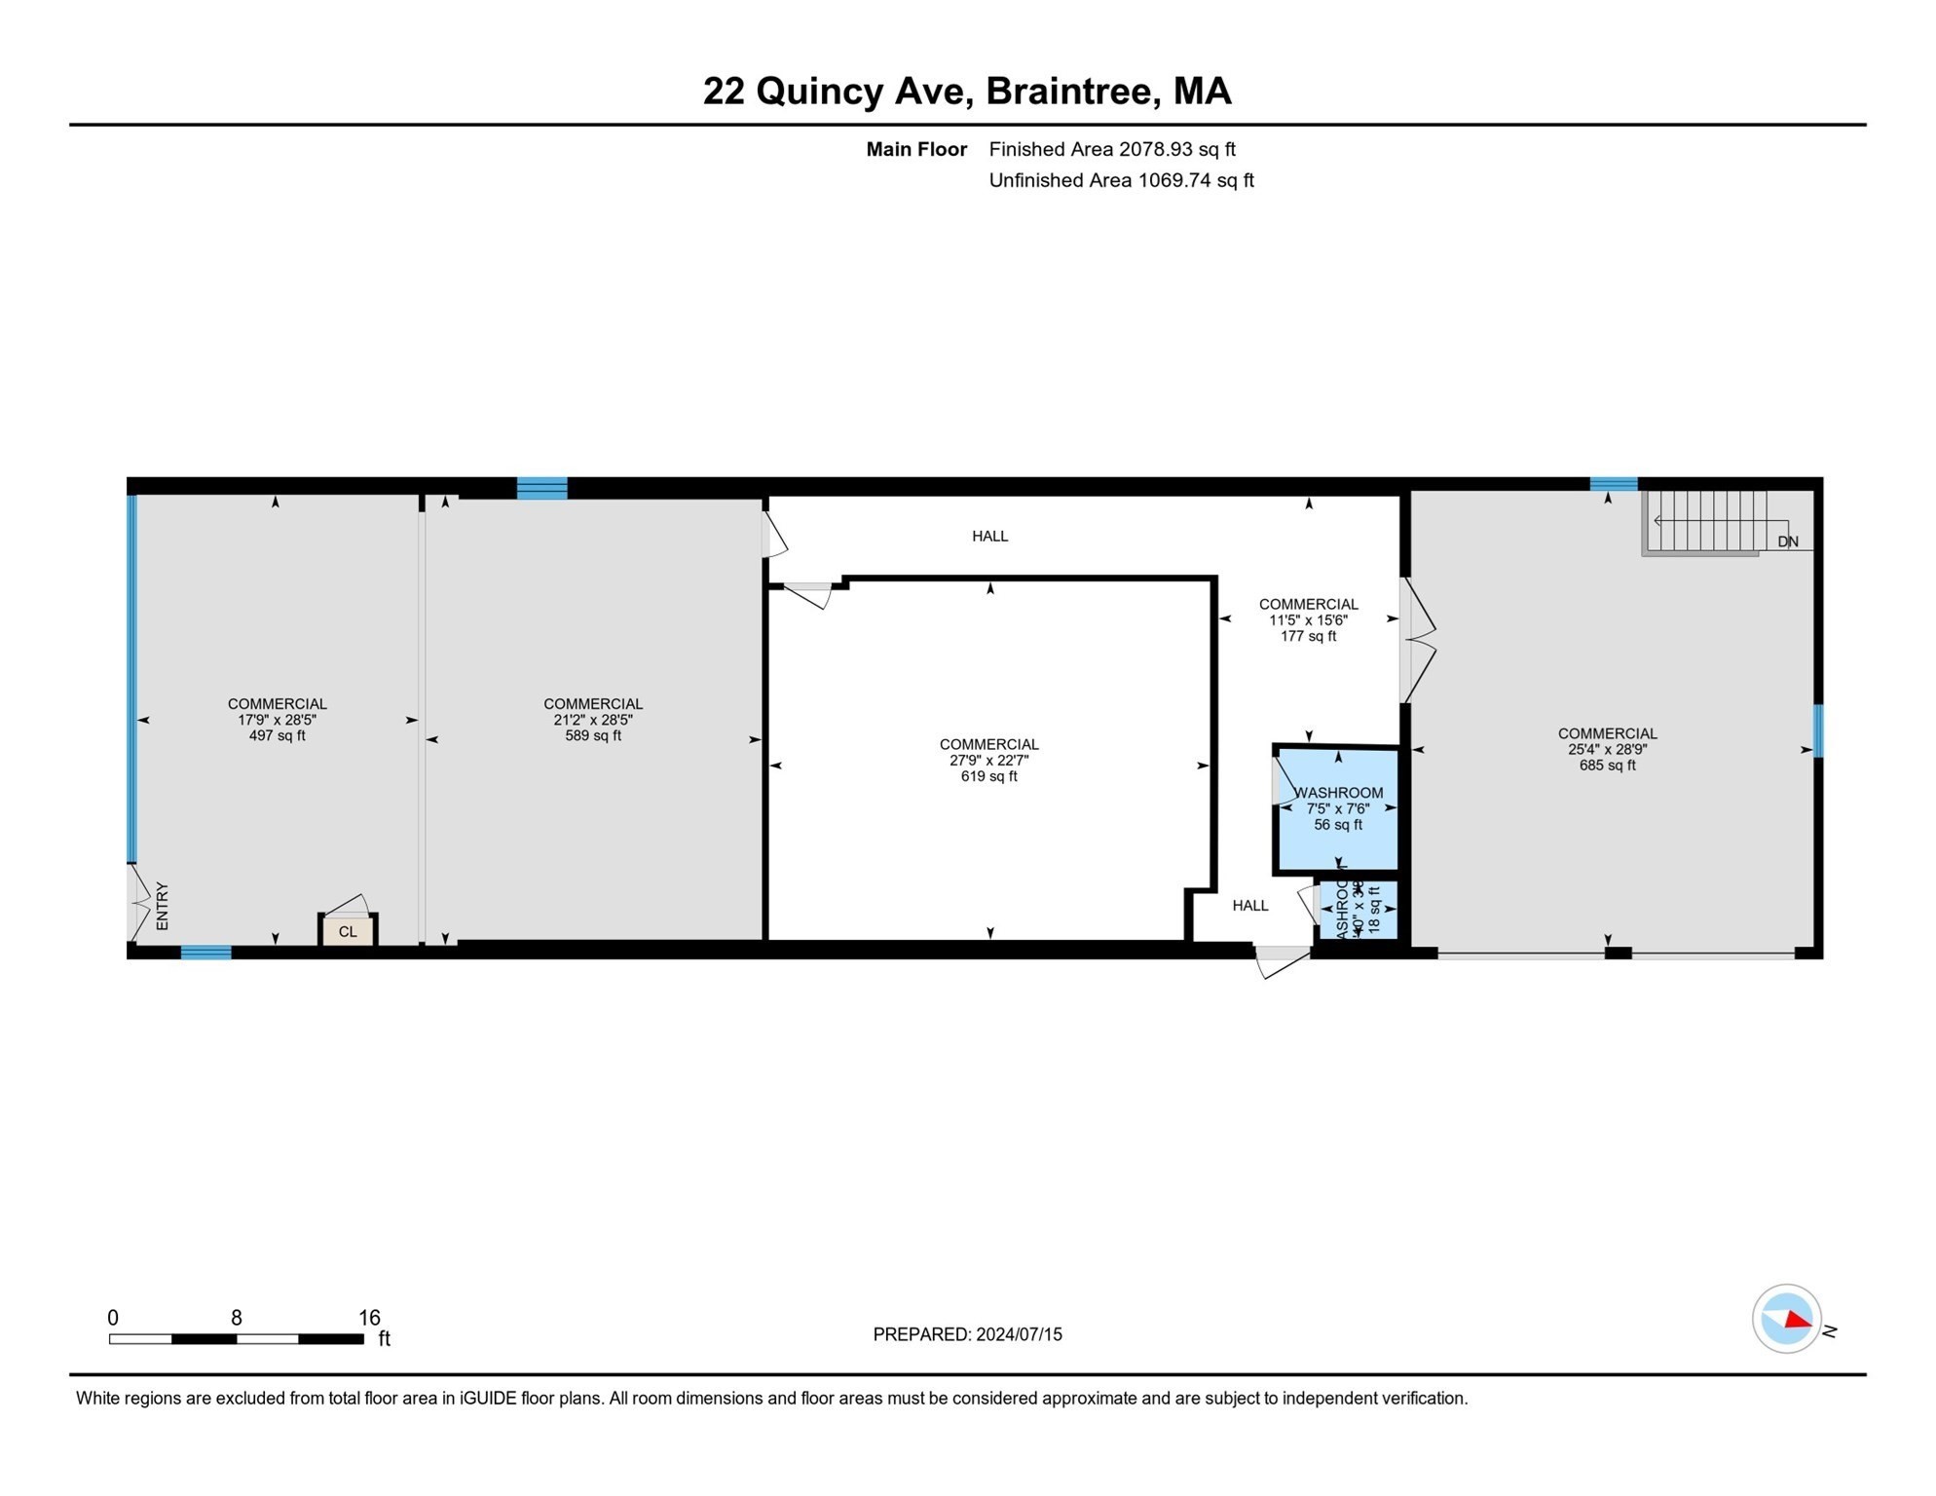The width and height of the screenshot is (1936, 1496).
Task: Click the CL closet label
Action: tap(348, 932)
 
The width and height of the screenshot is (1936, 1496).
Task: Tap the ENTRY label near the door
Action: tap(163, 907)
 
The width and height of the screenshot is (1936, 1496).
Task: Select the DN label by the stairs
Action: tap(1788, 542)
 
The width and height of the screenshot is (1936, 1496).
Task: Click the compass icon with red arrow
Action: tap(1786, 1319)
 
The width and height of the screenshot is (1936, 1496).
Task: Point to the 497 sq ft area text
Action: tap(277, 736)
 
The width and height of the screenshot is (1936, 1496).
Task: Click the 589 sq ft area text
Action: tap(593, 736)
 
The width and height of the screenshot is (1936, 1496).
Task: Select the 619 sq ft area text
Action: tap(988, 777)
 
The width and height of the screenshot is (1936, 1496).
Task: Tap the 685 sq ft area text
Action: tap(1607, 766)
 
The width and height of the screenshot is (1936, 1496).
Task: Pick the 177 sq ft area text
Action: tap(1308, 637)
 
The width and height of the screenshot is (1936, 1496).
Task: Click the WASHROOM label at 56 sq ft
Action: tap(1338, 793)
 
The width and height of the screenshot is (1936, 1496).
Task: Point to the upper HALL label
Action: tap(989, 537)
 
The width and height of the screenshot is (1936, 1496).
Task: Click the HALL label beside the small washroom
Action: tap(1250, 906)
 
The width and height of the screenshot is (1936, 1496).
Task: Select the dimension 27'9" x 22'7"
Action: tap(988, 761)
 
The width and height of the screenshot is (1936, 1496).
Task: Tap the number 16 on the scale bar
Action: tap(369, 1318)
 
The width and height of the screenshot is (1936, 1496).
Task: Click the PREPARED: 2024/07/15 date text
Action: tap(967, 1335)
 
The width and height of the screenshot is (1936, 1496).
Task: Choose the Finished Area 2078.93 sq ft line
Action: tap(1111, 150)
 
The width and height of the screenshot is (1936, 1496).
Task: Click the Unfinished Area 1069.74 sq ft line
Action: tap(1121, 181)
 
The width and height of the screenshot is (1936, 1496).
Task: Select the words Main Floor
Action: tap(916, 150)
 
